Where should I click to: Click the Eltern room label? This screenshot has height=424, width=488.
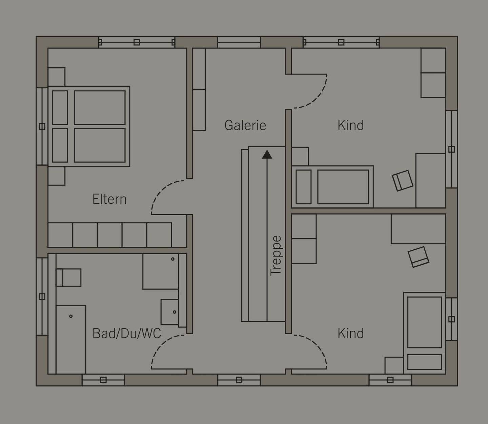(x=109, y=199)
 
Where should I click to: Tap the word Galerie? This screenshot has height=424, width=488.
(x=245, y=125)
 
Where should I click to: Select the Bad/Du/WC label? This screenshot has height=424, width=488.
(x=127, y=334)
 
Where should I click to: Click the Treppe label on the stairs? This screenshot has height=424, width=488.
(x=276, y=256)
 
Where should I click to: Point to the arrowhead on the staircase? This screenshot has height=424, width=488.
(x=267, y=154)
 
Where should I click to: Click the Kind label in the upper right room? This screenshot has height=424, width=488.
(x=351, y=125)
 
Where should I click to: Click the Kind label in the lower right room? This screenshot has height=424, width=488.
(x=351, y=333)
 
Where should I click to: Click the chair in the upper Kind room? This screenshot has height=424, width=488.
(x=403, y=181)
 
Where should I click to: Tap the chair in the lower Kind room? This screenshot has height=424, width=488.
(x=418, y=257)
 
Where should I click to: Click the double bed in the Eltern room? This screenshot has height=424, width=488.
(x=89, y=127)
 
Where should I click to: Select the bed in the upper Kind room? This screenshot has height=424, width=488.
(x=332, y=187)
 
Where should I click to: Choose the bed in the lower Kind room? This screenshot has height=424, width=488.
(x=425, y=333)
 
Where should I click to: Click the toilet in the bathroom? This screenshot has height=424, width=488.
(x=69, y=277)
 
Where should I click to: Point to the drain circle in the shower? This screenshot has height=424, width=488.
(x=71, y=316)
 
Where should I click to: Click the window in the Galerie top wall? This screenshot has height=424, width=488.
(x=239, y=42)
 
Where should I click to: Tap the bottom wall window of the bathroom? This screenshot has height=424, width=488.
(x=103, y=380)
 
